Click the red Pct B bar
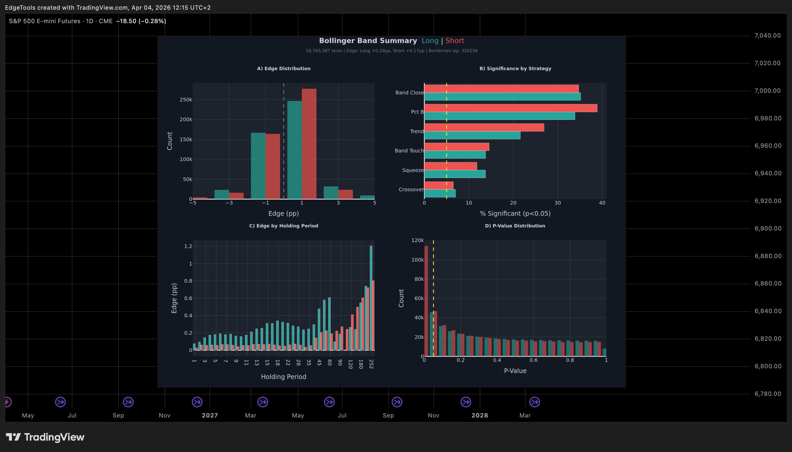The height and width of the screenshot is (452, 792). (511, 108)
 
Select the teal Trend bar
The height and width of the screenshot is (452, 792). (472, 135)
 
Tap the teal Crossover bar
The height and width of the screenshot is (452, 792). (440, 193)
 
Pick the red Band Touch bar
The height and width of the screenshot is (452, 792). (456, 147)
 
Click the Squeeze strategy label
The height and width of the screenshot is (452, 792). (413, 170)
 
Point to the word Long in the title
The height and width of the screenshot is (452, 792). (430, 41)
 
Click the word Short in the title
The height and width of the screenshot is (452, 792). (455, 41)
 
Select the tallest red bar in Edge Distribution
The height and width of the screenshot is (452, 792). (309, 144)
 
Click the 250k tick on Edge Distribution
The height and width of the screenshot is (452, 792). (186, 100)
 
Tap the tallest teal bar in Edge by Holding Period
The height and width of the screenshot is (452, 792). (371, 298)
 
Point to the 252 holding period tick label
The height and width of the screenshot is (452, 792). (371, 364)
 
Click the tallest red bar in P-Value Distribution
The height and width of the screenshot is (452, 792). (426, 301)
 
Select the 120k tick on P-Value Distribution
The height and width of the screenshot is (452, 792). (417, 240)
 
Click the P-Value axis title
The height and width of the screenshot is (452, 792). (515, 371)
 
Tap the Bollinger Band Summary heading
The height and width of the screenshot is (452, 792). (368, 41)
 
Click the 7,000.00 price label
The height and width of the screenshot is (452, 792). (767, 91)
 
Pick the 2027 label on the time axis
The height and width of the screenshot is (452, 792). (210, 415)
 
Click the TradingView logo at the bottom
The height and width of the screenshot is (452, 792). (45, 437)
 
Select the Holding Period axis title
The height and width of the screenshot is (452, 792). (284, 377)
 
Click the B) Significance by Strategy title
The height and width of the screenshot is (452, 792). (515, 69)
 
